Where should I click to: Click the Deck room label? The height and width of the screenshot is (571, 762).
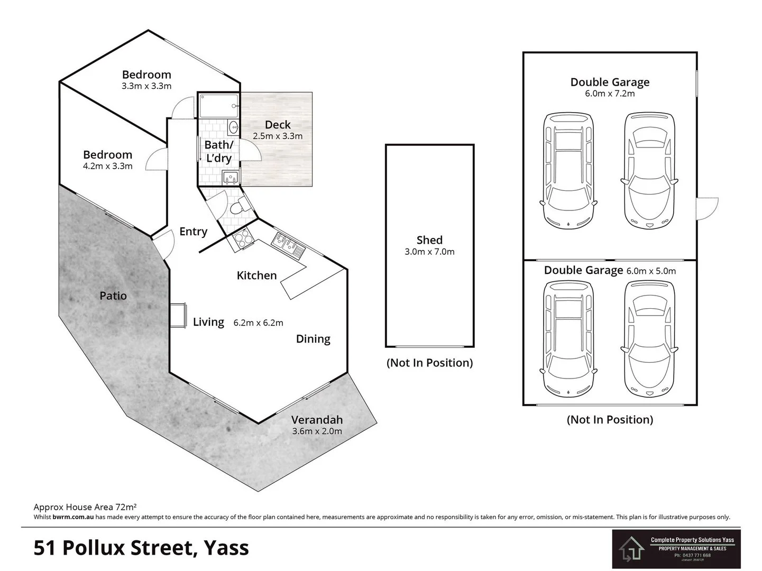(278, 125)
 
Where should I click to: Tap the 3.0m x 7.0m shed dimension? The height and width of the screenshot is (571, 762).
(429, 252)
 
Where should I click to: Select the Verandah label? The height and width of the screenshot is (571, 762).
(317, 420)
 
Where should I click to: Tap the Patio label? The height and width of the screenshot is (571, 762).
(113, 296)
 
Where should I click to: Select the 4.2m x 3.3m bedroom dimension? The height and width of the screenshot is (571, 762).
(107, 166)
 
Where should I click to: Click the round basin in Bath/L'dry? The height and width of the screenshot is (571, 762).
(234, 127)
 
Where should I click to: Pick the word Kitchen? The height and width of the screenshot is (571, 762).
(256, 275)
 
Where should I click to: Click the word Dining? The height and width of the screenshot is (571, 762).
(313, 339)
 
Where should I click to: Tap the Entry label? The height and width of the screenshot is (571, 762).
(193, 232)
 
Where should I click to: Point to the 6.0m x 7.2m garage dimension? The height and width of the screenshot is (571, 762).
(610, 94)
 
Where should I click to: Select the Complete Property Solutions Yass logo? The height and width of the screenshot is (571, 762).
(676, 549)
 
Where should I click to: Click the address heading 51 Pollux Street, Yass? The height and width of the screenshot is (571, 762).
(141, 548)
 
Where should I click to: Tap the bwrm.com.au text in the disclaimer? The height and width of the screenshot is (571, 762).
(73, 517)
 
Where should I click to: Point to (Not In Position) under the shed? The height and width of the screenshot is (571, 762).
(429, 363)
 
